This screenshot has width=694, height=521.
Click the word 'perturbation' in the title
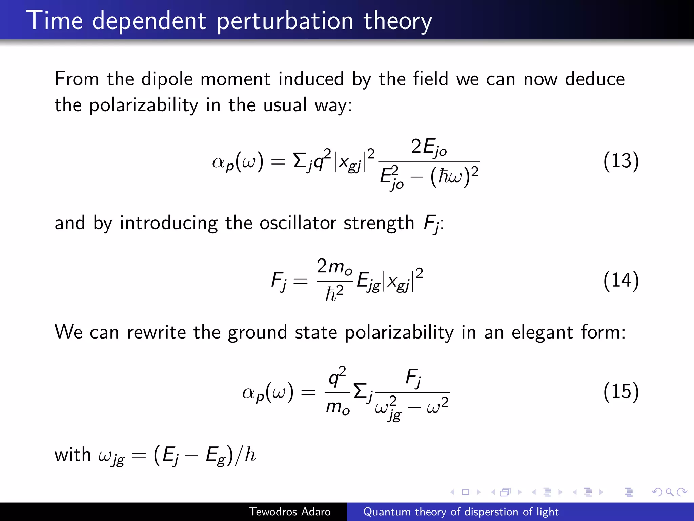point(285,21)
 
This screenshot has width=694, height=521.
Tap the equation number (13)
point(621,161)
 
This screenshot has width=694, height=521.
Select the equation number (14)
point(621,280)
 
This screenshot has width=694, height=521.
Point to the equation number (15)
point(621,391)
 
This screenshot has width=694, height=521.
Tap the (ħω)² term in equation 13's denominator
point(454,176)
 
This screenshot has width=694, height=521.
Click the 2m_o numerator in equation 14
point(334,267)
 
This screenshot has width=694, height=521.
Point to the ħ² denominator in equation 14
point(334,293)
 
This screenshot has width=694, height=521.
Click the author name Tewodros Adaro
point(290,512)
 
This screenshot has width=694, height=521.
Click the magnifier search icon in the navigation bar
point(669,492)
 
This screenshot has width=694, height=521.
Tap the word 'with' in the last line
point(73,455)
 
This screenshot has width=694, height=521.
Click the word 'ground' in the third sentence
point(257,332)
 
